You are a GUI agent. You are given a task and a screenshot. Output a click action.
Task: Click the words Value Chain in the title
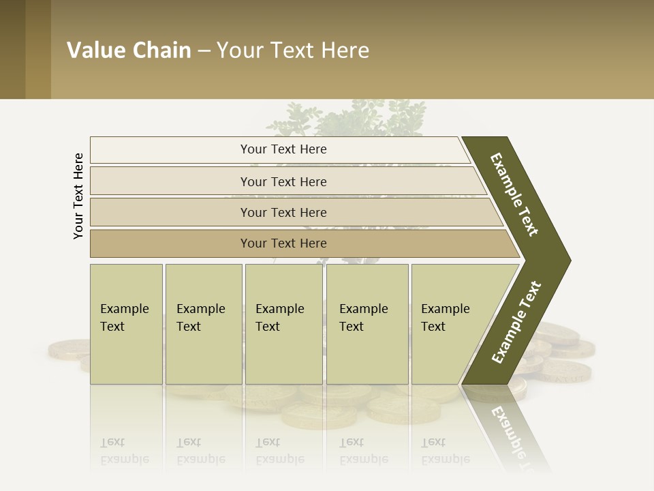click(129, 50)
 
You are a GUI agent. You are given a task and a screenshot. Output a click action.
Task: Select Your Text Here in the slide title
click(293, 50)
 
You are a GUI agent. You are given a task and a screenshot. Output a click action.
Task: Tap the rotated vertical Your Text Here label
click(78, 196)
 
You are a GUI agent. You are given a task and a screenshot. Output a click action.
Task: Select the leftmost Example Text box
click(126, 324)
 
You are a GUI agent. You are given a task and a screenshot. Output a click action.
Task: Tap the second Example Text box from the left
click(203, 324)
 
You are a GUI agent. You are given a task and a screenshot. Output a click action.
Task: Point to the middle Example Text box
click(283, 324)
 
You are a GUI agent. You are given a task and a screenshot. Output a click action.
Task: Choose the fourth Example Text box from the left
click(367, 324)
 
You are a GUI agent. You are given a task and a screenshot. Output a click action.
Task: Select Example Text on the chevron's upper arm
click(514, 194)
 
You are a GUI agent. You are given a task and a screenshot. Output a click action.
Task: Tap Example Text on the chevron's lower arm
click(516, 323)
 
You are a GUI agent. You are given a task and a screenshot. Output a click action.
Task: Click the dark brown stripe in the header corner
click(12, 49)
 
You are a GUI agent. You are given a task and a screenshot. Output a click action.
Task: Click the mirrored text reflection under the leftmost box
click(125, 451)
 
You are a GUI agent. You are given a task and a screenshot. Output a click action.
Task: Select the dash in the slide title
click(204, 51)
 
